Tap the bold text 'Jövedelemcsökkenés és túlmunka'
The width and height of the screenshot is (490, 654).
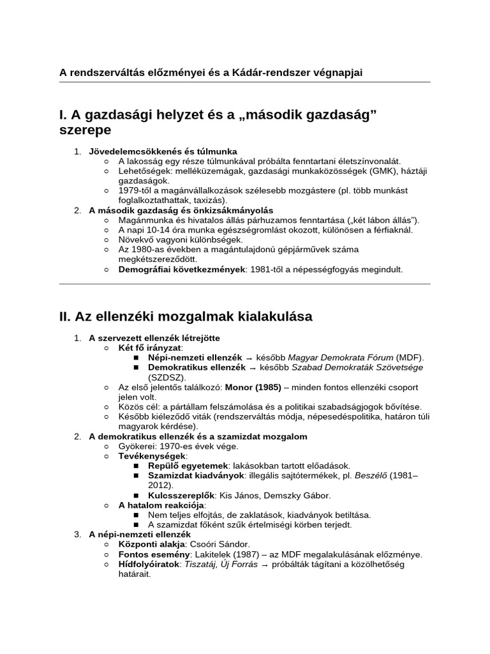[x=163, y=151]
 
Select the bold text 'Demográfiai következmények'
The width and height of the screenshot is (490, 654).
[x=181, y=270]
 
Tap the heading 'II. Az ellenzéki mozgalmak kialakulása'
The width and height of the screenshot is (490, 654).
[x=185, y=316]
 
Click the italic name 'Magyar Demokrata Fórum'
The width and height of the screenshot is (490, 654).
[x=341, y=358]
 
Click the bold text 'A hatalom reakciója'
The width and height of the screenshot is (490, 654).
[x=158, y=505]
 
